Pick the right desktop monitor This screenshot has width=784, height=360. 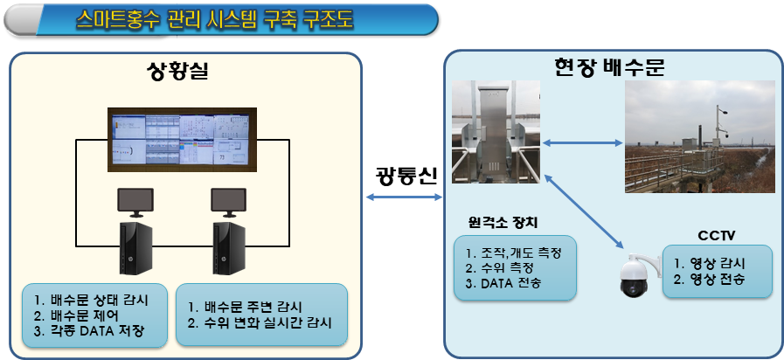click(x=231, y=202)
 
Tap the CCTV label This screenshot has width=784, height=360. click(x=718, y=234)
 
